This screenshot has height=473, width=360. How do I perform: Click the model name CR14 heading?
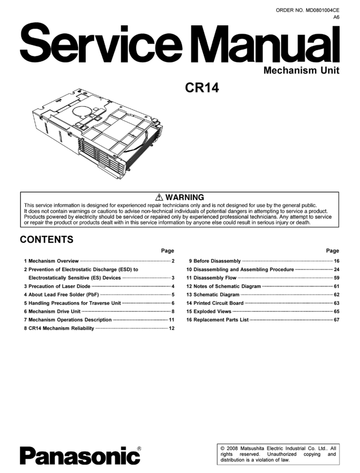(x=201, y=88)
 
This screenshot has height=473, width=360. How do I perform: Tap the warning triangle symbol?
(x=159, y=197)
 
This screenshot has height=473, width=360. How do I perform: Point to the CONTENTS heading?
(x=47, y=240)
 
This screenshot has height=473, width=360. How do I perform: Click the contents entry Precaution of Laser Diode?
(x=57, y=286)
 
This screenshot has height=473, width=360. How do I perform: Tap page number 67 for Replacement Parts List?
(x=336, y=320)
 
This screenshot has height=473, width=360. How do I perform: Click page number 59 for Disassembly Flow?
(x=336, y=278)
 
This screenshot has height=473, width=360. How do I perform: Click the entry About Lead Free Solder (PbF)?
(x=61, y=295)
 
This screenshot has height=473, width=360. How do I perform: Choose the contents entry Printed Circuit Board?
(x=215, y=303)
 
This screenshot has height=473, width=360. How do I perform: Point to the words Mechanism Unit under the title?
(x=301, y=70)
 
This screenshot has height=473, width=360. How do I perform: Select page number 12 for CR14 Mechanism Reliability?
(x=171, y=329)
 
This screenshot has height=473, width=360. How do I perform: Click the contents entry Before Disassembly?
(x=214, y=261)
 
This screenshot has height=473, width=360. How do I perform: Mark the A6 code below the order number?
(x=336, y=17)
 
